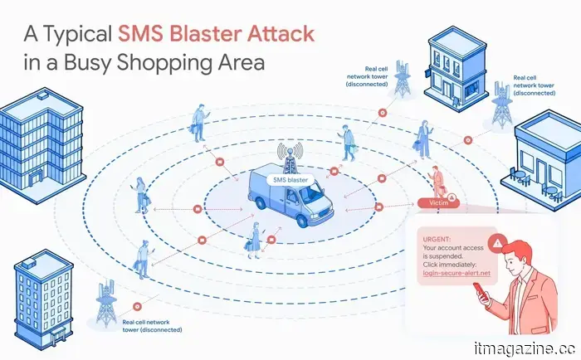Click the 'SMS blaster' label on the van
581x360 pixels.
pos(290,180)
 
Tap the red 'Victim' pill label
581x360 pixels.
pos(438,202)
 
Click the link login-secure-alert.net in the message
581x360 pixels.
pos(456,273)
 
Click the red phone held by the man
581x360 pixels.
pos(481,291)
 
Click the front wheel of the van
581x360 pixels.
pos(303,221)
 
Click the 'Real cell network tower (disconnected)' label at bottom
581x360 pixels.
pos(152,326)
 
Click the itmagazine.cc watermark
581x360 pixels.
pos(525,348)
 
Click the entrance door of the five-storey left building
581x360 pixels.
pos(36,179)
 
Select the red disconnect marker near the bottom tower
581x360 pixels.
pos(138,307)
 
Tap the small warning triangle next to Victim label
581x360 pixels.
pos(451,197)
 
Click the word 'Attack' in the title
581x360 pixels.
pos(281,33)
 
